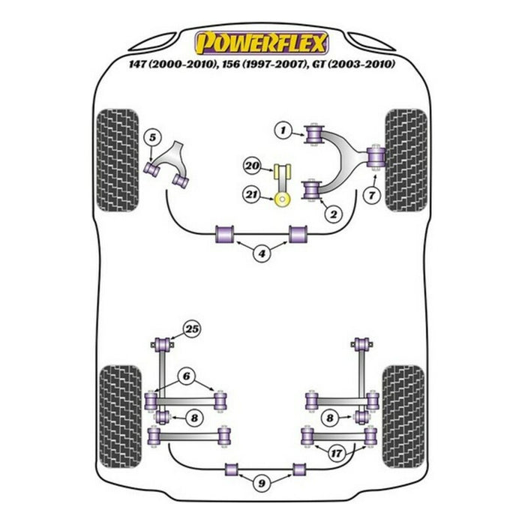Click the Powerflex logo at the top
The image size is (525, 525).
[x=262, y=43]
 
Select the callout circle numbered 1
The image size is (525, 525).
[x=283, y=130]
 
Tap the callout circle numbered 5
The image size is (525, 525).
[x=152, y=137]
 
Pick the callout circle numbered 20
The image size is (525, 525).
[x=253, y=166]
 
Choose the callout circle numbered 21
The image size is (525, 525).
[x=252, y=194]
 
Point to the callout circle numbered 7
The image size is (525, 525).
[x=372, y=195]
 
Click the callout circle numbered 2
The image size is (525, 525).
[x=334, y=214]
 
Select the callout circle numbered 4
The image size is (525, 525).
[x=262, y=253]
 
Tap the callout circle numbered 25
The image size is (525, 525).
[x=192, y=329]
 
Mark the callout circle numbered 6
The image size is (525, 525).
[x=186, y=376]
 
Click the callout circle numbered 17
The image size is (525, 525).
[x=336, y=453]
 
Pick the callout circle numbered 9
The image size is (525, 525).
[x=262, y=483]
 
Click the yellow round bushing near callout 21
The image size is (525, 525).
[x=282, y=200]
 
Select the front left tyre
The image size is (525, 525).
[x=117, y=160]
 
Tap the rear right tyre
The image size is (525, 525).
[x=403, y=416]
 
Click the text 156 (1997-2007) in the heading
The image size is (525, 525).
[x=264, y=64]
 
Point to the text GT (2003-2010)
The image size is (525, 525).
[x=353, y=64]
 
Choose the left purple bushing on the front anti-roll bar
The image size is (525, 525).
[x=224, y=234]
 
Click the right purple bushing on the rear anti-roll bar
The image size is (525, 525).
[x=299, y=469]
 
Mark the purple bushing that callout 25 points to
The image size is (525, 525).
[x=164, y=343]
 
